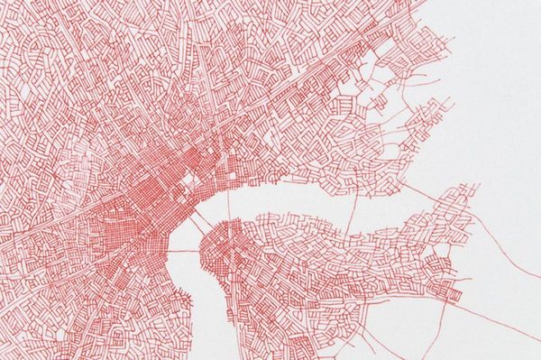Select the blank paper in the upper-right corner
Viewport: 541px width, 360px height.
pyautogui.click(x=505, y=36)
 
